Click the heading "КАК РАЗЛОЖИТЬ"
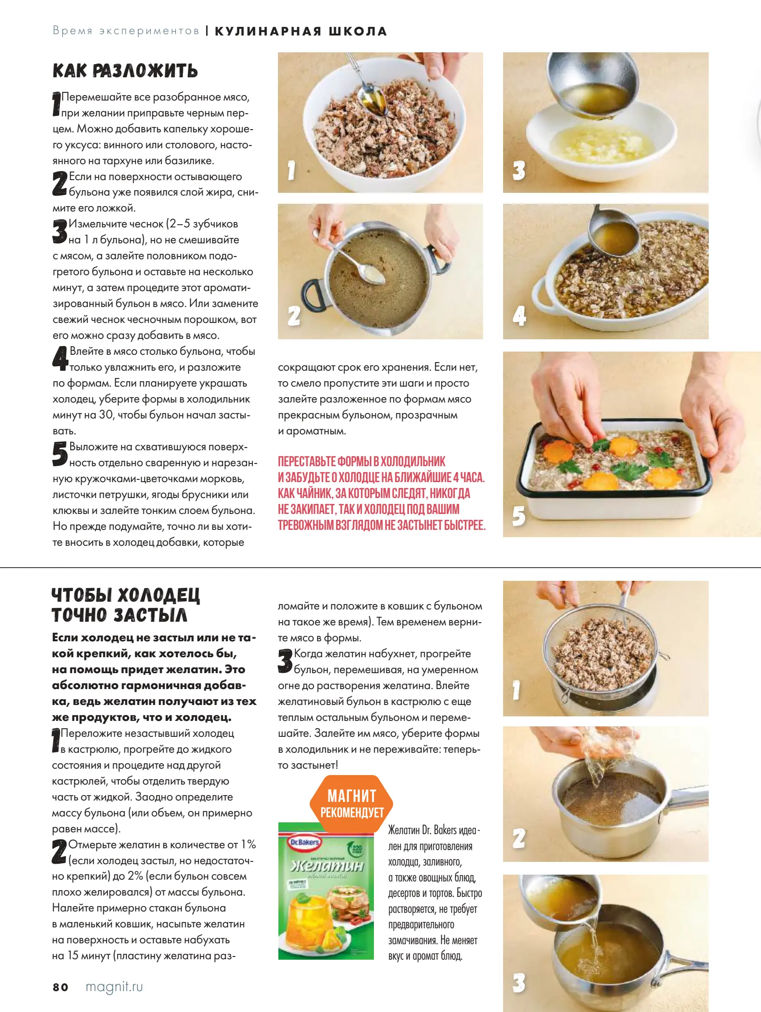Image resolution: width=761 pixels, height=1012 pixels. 125,71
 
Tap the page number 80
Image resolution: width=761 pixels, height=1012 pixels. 60,987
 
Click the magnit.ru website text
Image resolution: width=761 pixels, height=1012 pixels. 114,987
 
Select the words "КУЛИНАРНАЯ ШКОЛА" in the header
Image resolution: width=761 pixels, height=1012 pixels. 301,31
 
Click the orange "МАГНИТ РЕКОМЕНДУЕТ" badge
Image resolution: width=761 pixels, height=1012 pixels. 352,804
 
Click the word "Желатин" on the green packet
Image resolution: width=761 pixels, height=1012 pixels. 328,866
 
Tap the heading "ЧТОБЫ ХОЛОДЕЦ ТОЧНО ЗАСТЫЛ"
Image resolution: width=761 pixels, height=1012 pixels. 126,605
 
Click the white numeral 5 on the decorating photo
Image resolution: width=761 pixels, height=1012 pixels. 519,516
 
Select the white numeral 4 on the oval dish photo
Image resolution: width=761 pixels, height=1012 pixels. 519,316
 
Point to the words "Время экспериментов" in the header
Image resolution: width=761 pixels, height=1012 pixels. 126,31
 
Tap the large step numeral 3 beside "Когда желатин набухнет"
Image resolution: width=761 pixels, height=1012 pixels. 285,660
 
